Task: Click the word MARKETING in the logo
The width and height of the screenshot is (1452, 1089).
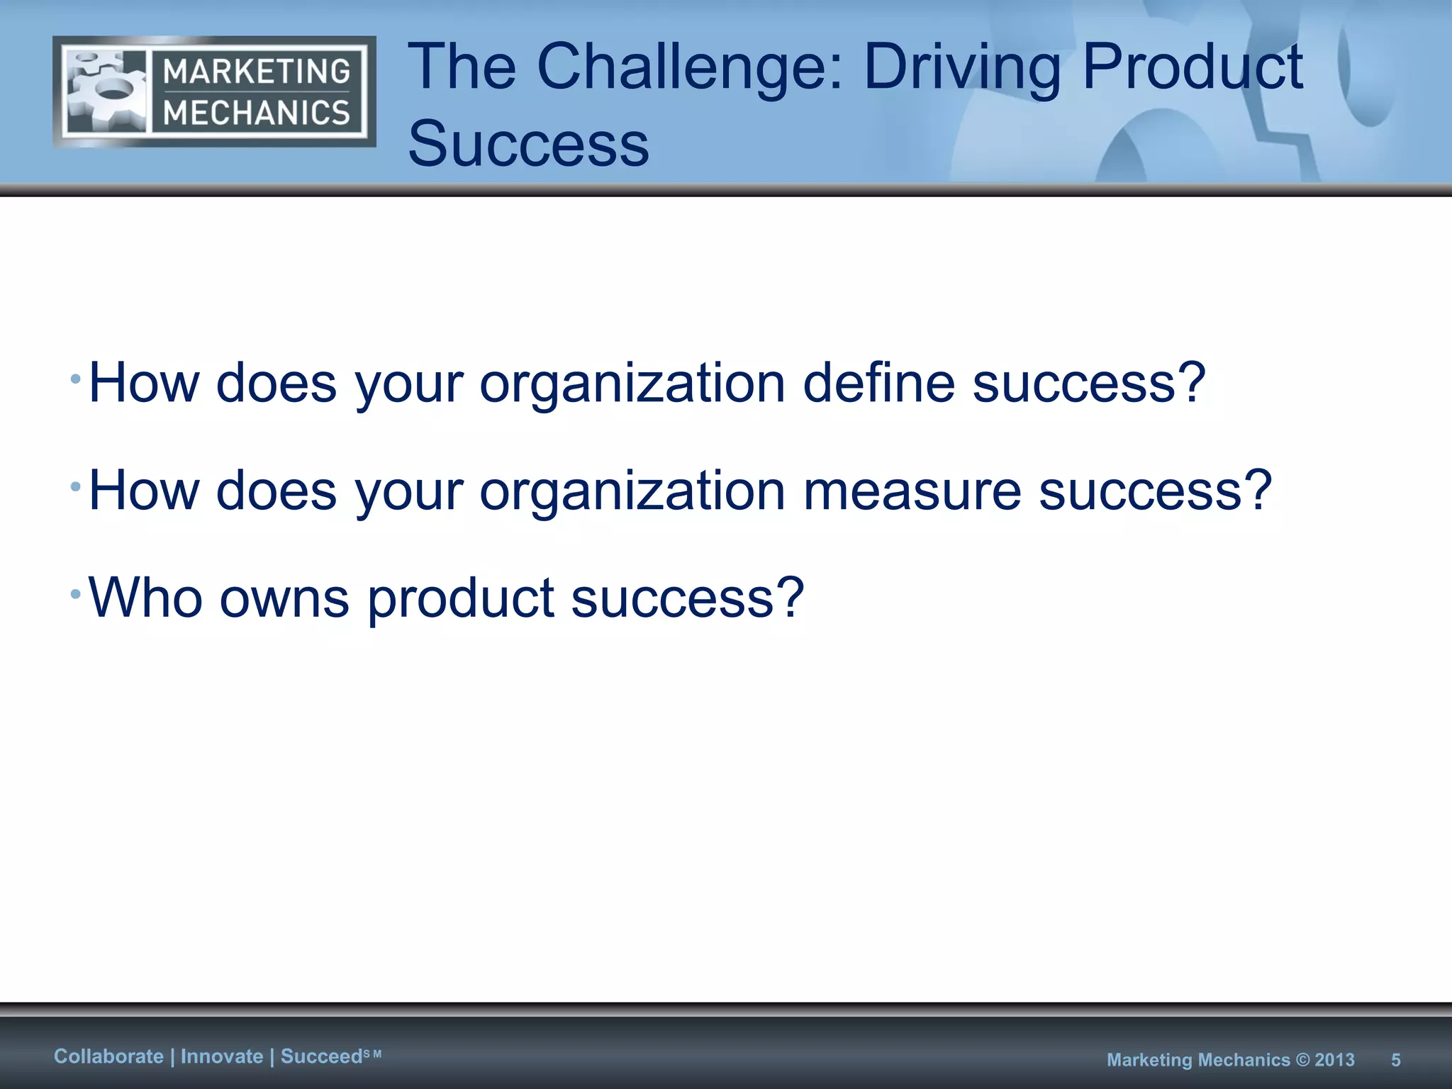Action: [x=257, y=72]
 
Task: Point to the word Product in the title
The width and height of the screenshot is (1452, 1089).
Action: [x=1192, y=67]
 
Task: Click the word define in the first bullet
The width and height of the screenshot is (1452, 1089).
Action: [x=878, y=383]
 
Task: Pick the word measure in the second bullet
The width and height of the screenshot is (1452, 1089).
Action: [x=912, y=491]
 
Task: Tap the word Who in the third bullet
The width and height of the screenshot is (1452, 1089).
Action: [x=145, y=598]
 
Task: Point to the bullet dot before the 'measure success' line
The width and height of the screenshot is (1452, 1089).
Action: [x=75, y=487]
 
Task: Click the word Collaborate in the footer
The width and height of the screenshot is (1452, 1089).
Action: [x=108, y=1056]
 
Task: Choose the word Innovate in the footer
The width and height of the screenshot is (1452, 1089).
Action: [x=222, y=1056]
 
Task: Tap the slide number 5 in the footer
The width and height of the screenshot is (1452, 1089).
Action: [x=1395, y=1060]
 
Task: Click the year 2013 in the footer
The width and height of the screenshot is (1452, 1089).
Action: [x=1334, y=1060]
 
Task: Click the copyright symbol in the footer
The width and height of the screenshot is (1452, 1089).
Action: [x=1302, y=1060]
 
